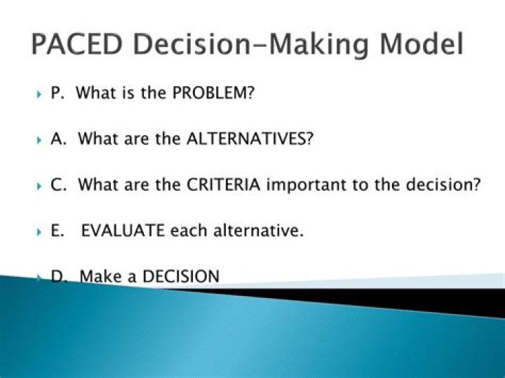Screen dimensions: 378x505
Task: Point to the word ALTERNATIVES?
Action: (249, 139)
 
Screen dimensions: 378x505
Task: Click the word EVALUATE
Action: (123, 231)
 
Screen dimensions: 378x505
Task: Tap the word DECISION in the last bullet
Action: (180, 276)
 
